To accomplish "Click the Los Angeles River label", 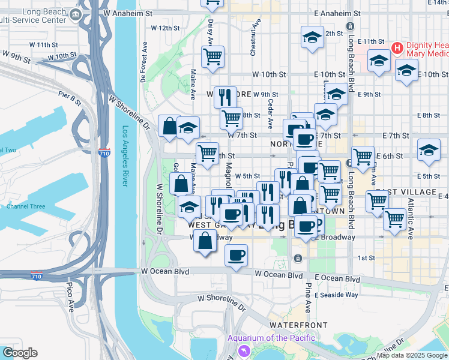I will click(125, 156).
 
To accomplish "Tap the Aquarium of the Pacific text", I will click(271, 338).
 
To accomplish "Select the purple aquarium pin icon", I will click(243, 350).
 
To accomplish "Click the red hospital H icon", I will click(397, 47).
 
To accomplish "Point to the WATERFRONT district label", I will click(298, 325).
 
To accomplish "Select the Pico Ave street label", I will click(70, 296).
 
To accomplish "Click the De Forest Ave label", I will click(144, 62).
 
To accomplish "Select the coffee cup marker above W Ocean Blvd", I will click(236, 254).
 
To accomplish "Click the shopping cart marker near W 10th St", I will click(212, 57).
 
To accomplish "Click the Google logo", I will click(20, 353).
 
